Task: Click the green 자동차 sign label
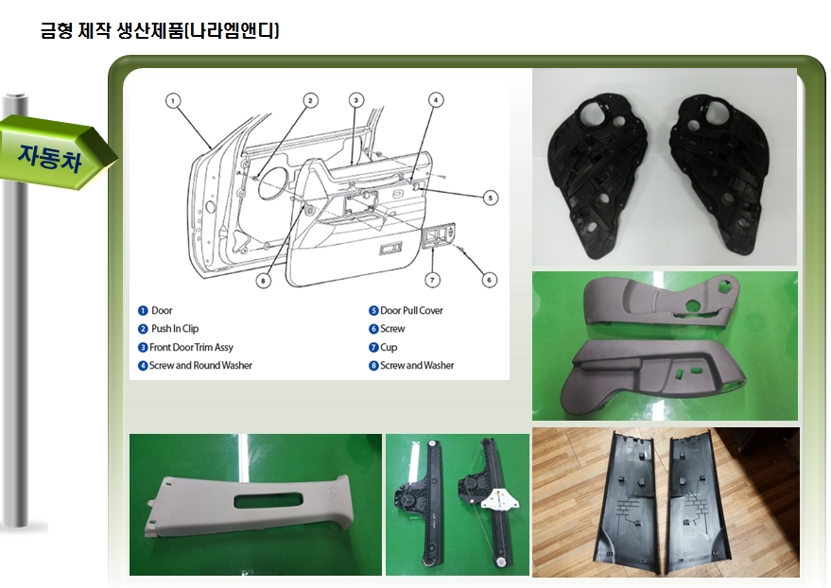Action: click(50, 157)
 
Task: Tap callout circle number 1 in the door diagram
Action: click(173, 100)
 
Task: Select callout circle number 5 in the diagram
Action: click(491, 198)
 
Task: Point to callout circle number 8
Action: click(264, 280)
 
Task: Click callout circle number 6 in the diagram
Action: click(489, 280)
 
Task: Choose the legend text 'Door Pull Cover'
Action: click(411, 310)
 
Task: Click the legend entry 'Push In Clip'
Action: click(175, 328)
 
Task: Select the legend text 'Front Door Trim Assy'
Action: click(191, 347)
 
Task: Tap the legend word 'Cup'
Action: click(389, 347)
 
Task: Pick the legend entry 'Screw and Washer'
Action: click(417, 365)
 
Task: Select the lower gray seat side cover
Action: click(652, 371)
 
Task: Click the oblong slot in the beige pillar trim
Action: click(268, 500)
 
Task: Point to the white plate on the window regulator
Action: click(499, 497)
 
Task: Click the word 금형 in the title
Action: click(56, 30)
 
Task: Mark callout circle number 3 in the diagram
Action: click(356, 100)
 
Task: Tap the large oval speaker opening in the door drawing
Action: click(274, 182)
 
